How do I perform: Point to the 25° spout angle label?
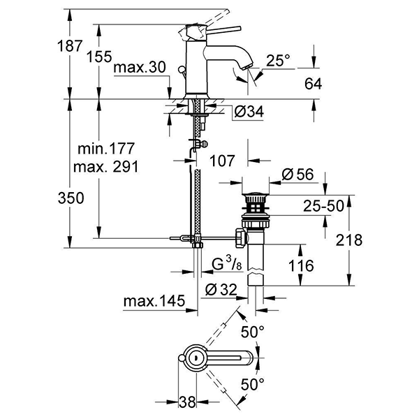pyautogui.click(x=277, y=61)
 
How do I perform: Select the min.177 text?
pyautogui.click(x=105, y=149)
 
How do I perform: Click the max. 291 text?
pyautogui.click(x=105, y=167)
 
